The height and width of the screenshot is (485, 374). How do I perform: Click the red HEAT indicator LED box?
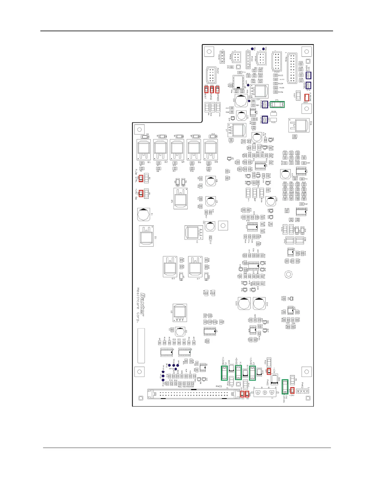(206, 90)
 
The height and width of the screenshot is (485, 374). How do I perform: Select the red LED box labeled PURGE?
(212, 90)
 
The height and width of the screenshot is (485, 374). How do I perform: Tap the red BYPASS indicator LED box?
(218, 90)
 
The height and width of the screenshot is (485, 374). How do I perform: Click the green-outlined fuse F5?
(277, 104)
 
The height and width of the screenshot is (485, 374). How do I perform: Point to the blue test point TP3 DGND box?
(309, 75)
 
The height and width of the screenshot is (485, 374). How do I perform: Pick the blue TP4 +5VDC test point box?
(309, 86)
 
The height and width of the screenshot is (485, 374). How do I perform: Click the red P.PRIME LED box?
(306, 98)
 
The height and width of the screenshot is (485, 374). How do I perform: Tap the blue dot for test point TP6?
(252, 49)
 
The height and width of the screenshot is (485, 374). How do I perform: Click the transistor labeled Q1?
(144, 150)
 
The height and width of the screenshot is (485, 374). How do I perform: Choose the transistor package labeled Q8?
(211, 150)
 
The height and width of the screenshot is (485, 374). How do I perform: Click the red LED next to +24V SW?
(141, 193)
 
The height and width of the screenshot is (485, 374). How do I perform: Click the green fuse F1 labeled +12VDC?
(224, 373)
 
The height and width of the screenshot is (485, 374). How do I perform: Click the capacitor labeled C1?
(144, 215)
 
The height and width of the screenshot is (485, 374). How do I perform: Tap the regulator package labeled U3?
(180, 313)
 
